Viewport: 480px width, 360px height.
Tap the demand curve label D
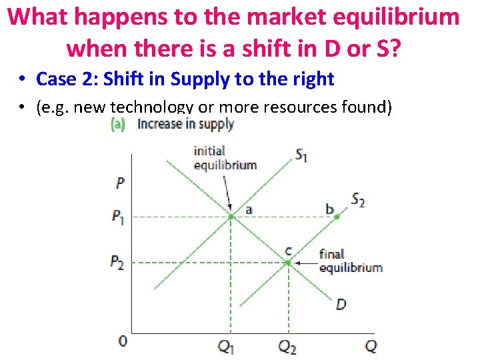(x=341, y=305)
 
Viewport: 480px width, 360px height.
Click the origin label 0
(x=122, y=342)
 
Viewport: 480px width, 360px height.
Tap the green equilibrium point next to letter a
(x=231, y=217)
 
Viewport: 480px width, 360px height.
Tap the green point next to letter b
(x=337, y=217)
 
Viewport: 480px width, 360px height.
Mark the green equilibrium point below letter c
(x=288, y=263)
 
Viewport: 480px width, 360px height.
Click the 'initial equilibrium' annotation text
(x=225, y=158)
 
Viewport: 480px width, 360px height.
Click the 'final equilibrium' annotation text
(x=351, y=261)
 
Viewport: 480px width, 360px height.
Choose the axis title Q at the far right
(x=371, y=346)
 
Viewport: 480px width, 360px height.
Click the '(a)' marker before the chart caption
(x=118, y=124)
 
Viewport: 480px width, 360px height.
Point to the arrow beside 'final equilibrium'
(x=305, y=263)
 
